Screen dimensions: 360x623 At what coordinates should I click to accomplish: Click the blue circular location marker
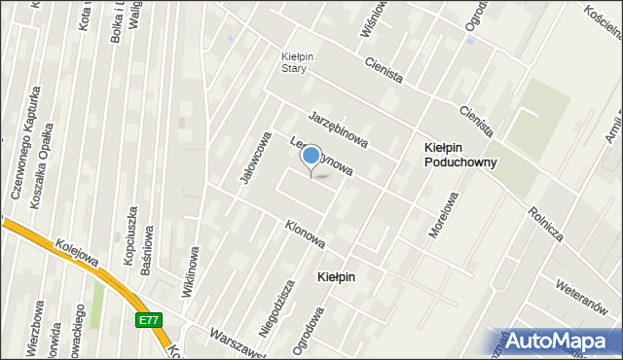[311, 156]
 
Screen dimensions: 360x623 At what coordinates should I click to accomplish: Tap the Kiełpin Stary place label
[294, 62]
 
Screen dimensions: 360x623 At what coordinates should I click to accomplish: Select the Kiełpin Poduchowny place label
[460, 155]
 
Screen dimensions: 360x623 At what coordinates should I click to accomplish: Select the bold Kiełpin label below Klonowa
[337, 277]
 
